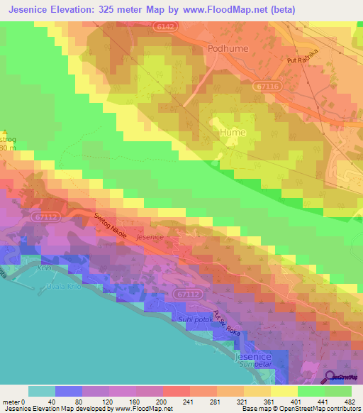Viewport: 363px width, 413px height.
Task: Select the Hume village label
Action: (x=233, y=133)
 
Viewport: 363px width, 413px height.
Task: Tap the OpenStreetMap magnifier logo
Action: (x=330, y=378)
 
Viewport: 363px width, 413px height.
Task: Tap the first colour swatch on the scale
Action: (x=41, y=391)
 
